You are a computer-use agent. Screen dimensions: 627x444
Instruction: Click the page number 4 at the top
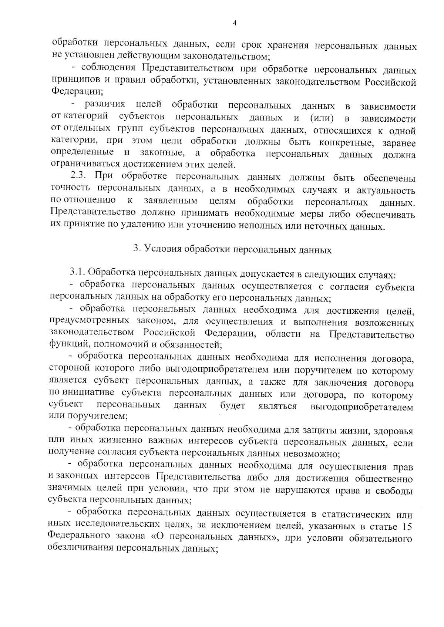[x=234, y=23]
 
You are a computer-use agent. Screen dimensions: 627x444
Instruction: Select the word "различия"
[x=105, y=105]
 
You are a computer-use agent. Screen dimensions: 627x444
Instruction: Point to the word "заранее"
[x=398, y=143]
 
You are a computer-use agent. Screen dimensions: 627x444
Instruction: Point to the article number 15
[x=407, y=526]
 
